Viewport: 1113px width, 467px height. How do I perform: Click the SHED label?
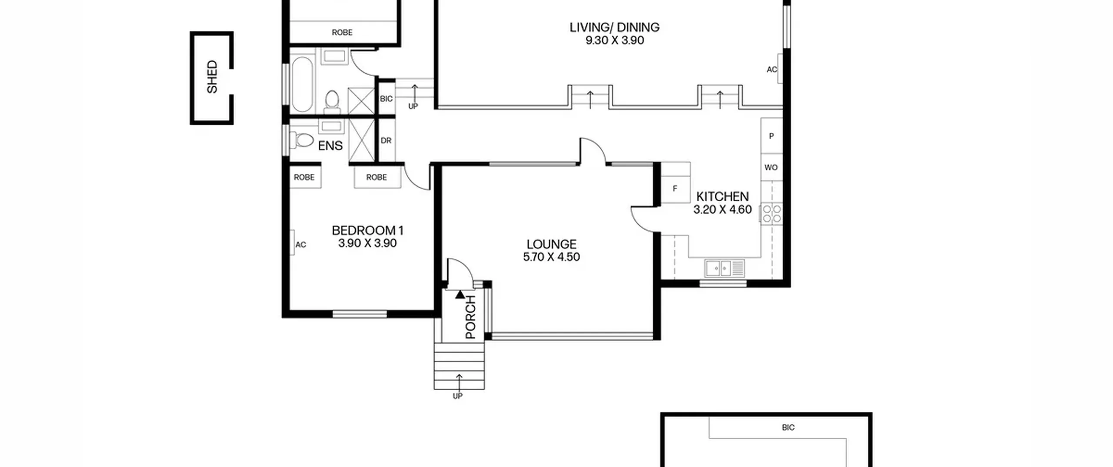[212, 77]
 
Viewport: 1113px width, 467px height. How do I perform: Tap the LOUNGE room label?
[551, 244]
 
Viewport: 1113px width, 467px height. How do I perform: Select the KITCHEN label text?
[723, 196]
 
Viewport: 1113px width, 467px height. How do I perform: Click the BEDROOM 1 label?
[368, 230]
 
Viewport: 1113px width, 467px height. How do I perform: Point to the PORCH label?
[471, 317]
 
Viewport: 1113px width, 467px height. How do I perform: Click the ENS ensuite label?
[330, 146]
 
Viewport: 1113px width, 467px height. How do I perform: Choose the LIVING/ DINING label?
[614, 27]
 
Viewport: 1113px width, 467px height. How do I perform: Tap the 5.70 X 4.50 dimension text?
[551, 257]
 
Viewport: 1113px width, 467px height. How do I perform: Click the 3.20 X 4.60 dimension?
[723, 209]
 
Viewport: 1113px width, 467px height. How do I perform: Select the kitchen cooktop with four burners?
[772, 214]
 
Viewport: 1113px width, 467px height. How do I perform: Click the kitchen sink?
[724, 268]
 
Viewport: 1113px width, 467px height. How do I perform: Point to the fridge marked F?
[676, 188]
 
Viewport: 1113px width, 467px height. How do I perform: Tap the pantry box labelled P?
[772, 136]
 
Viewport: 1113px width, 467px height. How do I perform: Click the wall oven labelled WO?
[772, 167]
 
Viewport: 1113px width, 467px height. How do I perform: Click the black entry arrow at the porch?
[460, 295]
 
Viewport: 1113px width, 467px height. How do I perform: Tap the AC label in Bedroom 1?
[301, 245]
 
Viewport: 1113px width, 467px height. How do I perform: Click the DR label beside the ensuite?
[386, 141]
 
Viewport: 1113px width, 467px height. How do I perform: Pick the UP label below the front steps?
[458, 396]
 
